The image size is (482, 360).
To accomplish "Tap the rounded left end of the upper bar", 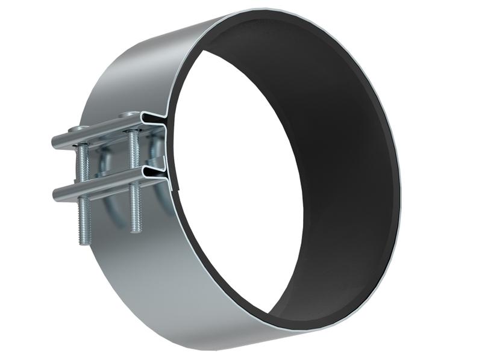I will click(x=55, y=143).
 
